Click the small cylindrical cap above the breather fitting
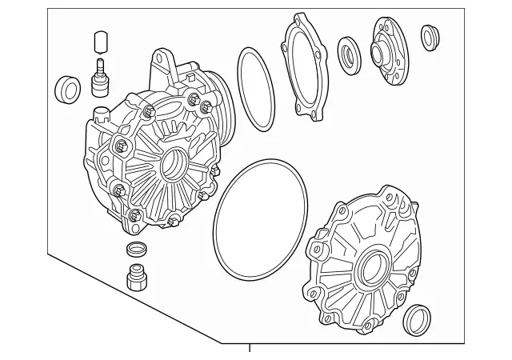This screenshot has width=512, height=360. pos(100,41)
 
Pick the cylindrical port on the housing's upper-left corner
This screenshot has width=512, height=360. pos(101,111)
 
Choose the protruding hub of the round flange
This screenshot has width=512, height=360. pos(378,55)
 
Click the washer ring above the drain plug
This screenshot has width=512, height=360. pos(137,249)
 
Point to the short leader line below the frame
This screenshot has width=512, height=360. pos(250,349)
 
